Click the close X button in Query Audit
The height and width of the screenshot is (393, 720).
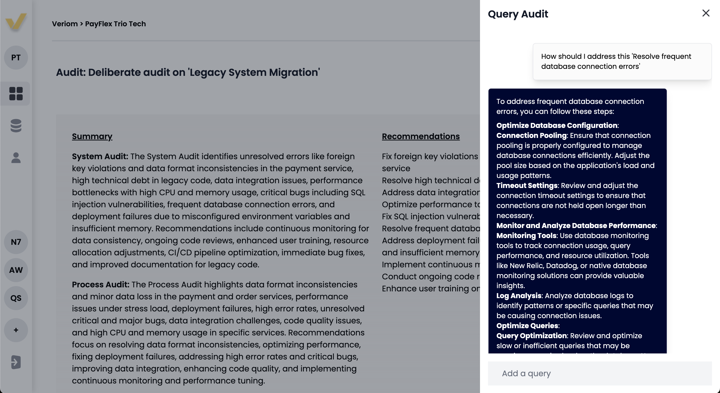(x=706, y=13)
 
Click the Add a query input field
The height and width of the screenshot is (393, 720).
(x=599, y=373)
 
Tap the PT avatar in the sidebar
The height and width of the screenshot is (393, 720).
(x=16, y=58)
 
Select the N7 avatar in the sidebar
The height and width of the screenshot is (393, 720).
(x=16, y=242)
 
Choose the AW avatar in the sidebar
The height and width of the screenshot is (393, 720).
(x=16, y=270)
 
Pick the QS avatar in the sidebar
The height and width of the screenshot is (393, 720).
(x=16, y=298)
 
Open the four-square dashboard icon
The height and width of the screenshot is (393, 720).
(x=16, y=93)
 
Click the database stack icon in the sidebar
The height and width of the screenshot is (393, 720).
(x=16, y=126)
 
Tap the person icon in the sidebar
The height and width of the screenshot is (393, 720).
(x=16, y=158)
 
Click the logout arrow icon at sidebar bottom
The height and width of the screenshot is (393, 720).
(x=16, y=362)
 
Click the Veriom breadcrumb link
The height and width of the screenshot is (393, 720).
(x=64, y=24)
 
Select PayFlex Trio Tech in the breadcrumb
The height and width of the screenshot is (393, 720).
(x=115, y=24)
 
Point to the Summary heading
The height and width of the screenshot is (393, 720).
(x=92, y=136)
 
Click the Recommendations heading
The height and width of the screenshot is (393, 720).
(x=421, y=136)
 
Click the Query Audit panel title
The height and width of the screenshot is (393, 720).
(x=518, y=14)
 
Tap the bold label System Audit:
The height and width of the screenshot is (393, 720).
(x=100, y=156)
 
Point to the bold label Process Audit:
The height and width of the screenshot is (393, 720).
(x=100, y=285)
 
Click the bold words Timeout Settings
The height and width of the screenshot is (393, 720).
(x=527, y=185)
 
